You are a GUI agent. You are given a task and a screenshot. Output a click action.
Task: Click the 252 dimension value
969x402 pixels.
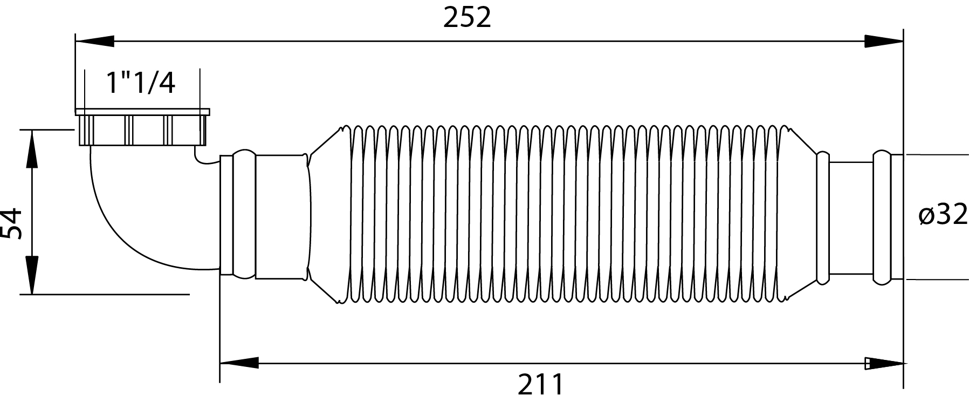pos(467,18)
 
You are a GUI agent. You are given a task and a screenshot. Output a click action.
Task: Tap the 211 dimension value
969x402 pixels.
pos(541,385)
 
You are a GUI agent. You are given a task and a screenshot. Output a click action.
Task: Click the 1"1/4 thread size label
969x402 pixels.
pos(141,83)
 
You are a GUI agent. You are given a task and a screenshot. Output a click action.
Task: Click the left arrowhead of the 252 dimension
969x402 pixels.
pos(95,42)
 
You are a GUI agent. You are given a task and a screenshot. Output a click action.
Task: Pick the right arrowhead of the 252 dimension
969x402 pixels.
pos(884,42)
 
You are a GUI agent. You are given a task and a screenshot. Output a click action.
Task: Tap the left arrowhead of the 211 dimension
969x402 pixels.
pos(239,363)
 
